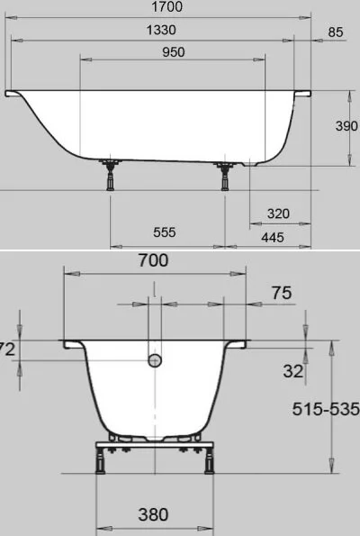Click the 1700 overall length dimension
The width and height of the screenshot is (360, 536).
point(166,6)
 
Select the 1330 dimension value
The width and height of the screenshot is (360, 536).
point(161,30)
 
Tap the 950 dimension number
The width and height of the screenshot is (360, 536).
point(174,52)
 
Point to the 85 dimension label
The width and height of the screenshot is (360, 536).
point(335,32)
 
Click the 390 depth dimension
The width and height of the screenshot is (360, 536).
point(346,126)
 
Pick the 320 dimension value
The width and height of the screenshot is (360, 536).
point(278,213)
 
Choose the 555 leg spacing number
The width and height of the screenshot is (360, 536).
point(165,232)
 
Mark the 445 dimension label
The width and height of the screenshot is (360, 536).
point(273,237)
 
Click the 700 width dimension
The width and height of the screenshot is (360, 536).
point(153,260)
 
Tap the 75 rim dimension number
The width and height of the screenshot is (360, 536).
point(282,293)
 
